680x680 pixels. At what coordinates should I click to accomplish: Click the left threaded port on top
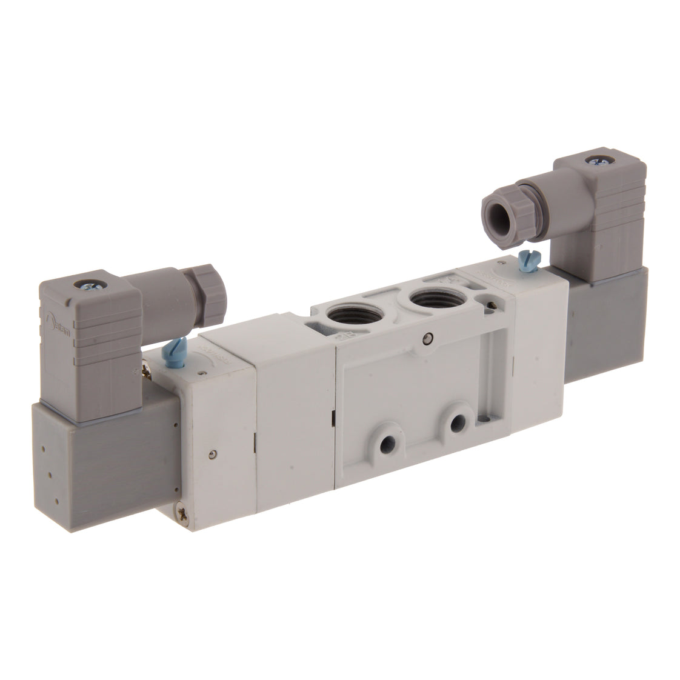click(344, 316)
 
